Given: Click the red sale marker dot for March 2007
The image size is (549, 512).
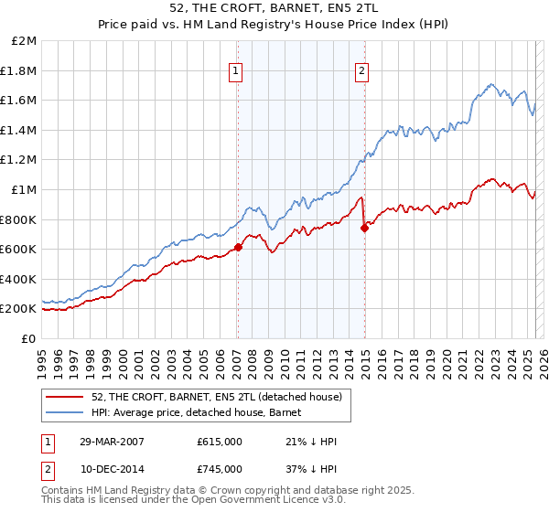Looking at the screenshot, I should (238, 247).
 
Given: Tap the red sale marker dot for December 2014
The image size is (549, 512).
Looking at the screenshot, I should (364, 228).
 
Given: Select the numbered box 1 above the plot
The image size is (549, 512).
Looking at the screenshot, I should (236, 71).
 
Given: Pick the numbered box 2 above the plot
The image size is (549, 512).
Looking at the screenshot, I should (362, 71).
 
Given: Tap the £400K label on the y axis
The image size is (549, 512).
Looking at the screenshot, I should (19, 279).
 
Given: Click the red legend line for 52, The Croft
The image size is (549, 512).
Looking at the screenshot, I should (66, 397).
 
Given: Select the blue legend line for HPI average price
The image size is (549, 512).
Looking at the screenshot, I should (66, 412).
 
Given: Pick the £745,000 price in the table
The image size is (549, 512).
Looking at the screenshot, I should (220, 469).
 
